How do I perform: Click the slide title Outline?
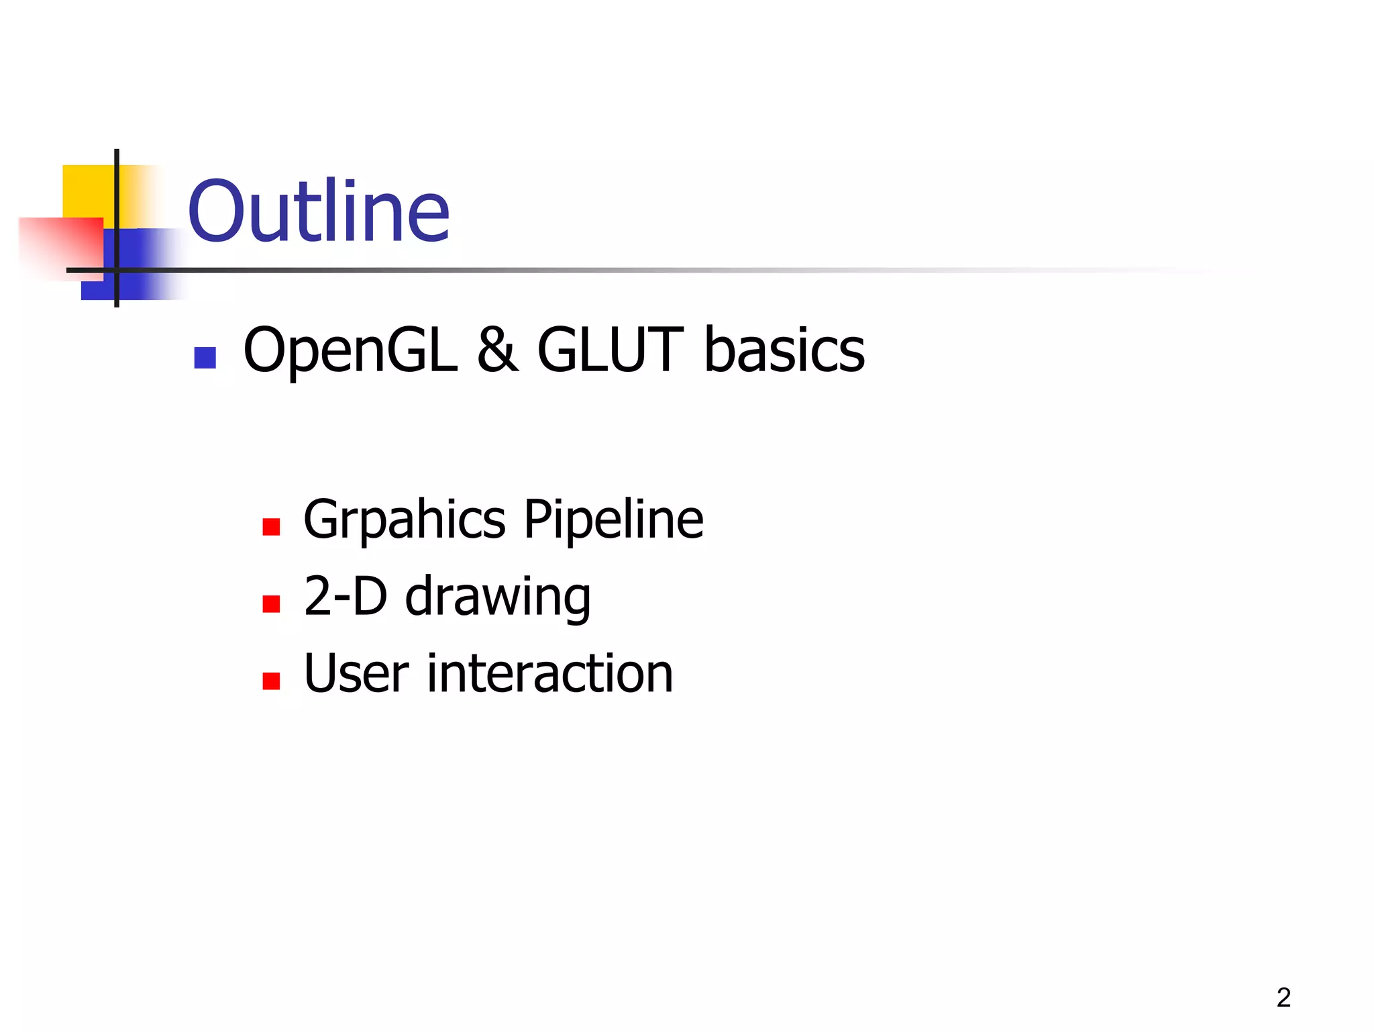click(319, 212)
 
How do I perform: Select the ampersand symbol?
click(497, 350)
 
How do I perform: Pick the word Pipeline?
click(613, 520)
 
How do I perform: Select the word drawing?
click(497, 597)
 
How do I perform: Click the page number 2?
click(1283, 997)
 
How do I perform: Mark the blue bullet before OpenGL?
click(205, 358)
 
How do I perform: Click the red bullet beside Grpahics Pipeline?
click(271, 527)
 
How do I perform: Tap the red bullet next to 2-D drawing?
click(271, 604)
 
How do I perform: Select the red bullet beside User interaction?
click(271, 681)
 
